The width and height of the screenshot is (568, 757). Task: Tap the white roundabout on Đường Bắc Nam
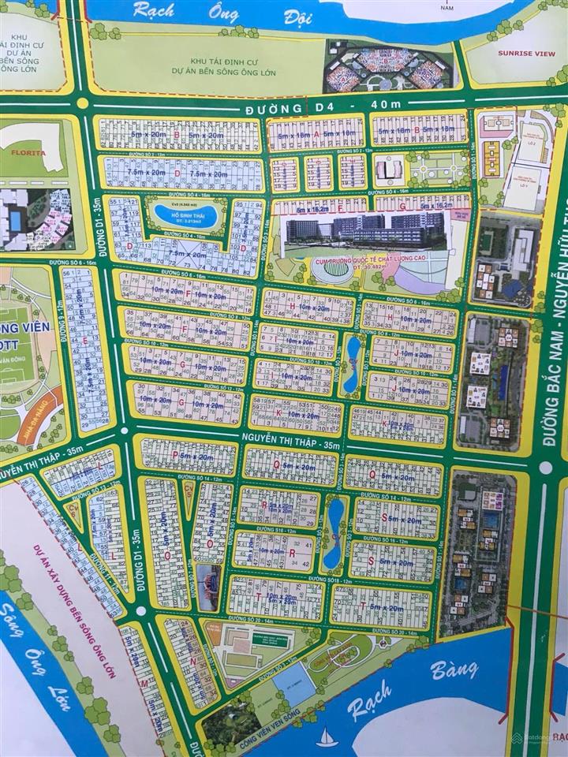pyautogui.click(x=546, y=468)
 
